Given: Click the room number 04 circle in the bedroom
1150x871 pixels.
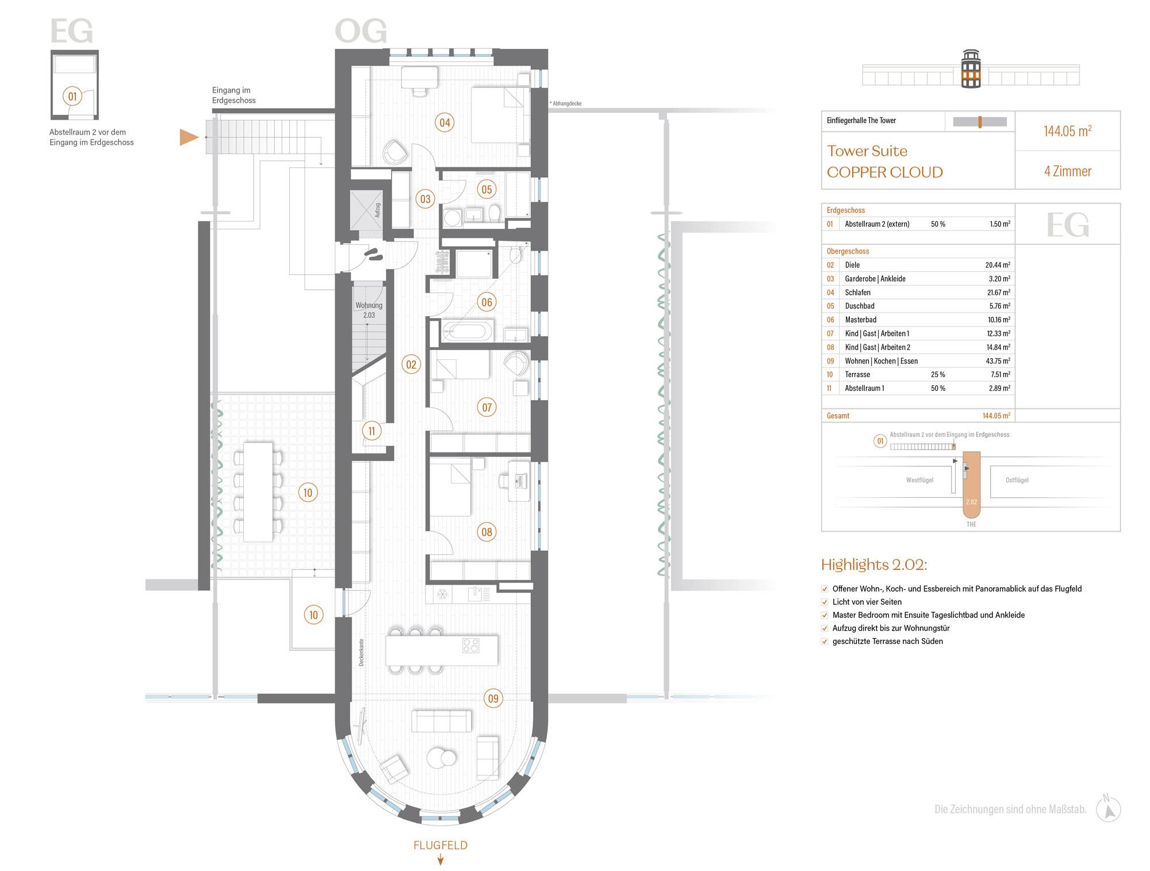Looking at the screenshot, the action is tap(444, 122).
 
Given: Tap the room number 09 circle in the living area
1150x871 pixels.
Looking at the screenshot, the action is tap(493, 699).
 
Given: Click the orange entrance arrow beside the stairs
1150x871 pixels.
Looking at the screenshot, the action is tap(189, 137).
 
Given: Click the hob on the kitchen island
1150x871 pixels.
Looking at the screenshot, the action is tap(471, 646).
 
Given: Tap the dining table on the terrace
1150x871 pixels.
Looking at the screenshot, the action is tap(258, 492).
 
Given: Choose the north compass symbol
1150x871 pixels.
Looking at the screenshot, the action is tap(1108, 809).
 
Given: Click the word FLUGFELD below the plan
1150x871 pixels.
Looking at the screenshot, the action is tap(440, 845).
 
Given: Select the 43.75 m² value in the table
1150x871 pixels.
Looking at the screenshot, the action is tap(998, 361).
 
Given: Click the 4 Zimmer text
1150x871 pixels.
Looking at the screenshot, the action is tap(1068, 171).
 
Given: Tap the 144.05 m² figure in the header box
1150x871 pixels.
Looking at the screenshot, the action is tap(1068, 131).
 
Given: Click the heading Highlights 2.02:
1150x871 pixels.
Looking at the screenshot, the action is tap(874, 565).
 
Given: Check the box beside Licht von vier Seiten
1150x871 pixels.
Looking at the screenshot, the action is tap(825, 602).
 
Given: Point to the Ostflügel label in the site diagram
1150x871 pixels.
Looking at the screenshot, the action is tap(1017, 480).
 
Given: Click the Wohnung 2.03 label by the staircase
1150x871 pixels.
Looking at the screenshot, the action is tap(369, 310).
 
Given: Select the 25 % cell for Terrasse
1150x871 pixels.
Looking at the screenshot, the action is tap(938, 374).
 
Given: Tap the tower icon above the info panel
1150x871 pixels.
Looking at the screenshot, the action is tap(971, 69).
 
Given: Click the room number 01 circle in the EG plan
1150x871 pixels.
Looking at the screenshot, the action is tap(72, 96).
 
